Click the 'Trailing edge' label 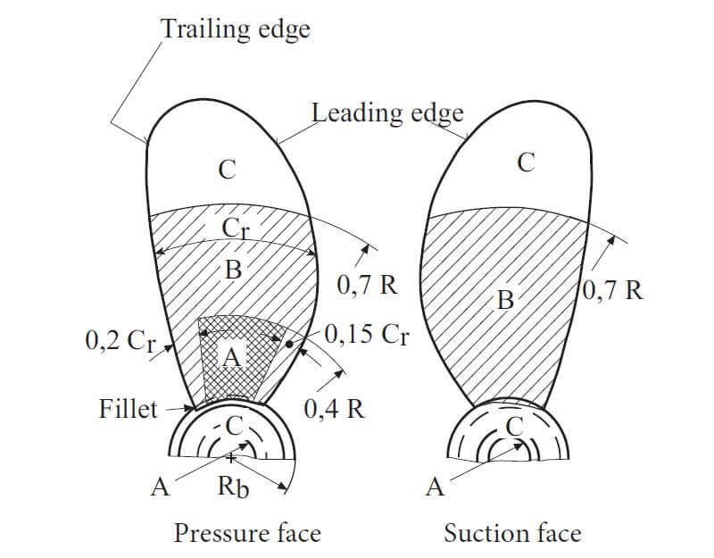[x=236, y=29]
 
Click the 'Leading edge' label [x=387, y=113]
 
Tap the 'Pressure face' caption [x=247, y=533]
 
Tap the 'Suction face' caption [x=512, y=533]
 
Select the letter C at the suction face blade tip [x=527, y=162]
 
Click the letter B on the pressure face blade [x=233, y=270]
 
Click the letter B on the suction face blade [x=505, y=300]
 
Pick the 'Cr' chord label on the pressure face [x=234, y=229]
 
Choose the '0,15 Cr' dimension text [x=366, y=335]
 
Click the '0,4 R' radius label [x=333, y=410]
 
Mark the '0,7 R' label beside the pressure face [x=366, y=286]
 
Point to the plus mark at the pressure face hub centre [x=232, y=457]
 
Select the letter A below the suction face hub [x=436, y=487]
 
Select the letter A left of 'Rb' [x=160, y=487]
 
